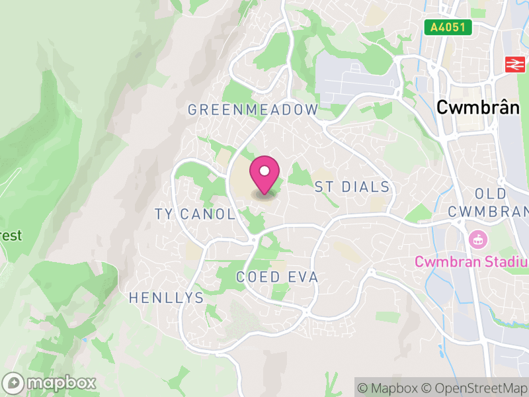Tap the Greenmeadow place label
coord(253,110)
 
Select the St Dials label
coord(352,187)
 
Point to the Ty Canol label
coord(194,214)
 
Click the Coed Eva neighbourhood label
coord(277,277)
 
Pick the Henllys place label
coord(166,298)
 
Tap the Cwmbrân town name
coord(477,108)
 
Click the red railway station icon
coord(512,64)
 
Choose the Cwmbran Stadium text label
coord(471,261)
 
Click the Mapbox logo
coord(50,382)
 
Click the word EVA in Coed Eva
coord(304,277)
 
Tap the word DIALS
coord(365,187)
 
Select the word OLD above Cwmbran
coord(491,194)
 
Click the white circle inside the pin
coord(264,171)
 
